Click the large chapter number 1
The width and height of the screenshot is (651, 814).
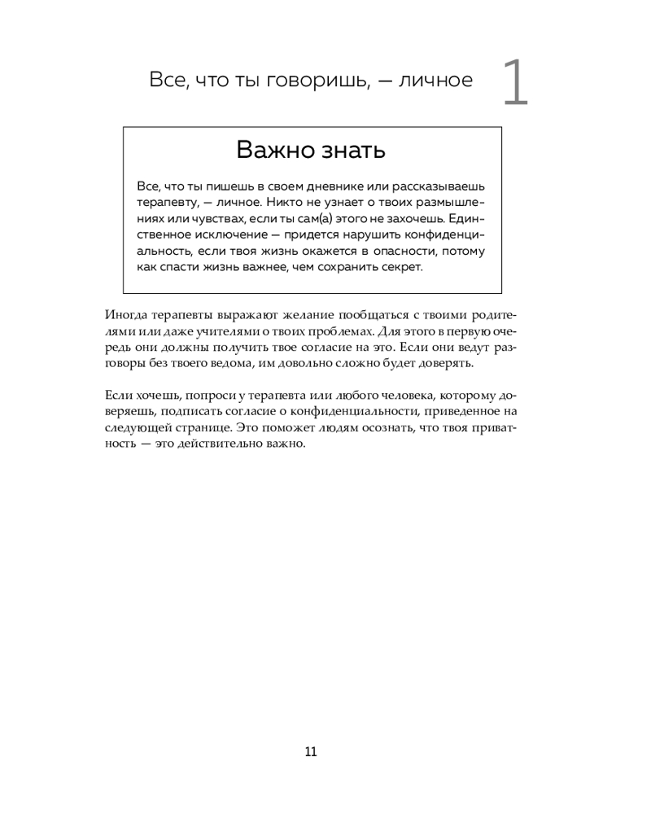[x=516, y=84]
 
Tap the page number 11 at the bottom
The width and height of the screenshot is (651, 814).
[x=311, y=751]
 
